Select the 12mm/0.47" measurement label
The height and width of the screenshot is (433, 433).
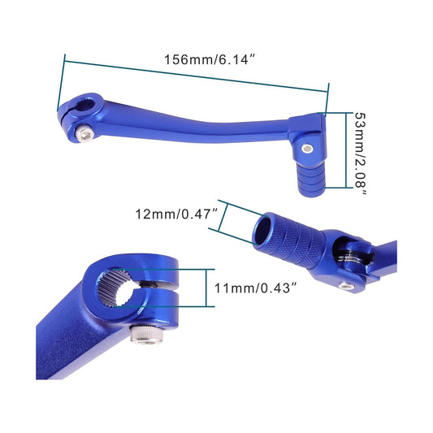(x=178, y=214)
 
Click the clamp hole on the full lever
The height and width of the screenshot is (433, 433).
(x=82, y=105)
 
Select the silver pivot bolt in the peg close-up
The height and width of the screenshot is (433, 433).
(x=347, y=286)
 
